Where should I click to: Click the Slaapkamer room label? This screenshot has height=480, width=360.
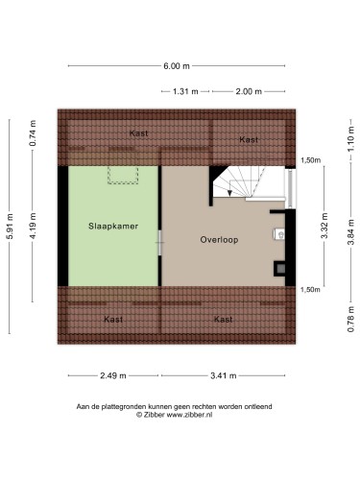[x=113, y=227]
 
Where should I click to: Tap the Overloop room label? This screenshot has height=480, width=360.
[x=219, y=240]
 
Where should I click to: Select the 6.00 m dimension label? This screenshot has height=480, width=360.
[x=177, y=66]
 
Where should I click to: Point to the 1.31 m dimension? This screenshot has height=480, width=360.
[x=185, y=91]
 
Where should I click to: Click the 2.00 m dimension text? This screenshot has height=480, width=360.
[x=249, y=91]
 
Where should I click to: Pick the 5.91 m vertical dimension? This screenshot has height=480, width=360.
[x=10, y=226]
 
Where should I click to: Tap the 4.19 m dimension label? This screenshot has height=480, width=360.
[x=33, y=226]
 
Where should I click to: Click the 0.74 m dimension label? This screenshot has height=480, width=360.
[x=33, y=133]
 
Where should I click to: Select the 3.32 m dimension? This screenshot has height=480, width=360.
[x=324, y=226]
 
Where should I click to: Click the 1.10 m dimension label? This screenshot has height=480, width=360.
[x=351, y=139]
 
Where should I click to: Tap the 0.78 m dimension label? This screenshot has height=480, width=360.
[x=351, y=319]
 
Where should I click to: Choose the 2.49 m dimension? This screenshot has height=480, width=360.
[x=113, y=375]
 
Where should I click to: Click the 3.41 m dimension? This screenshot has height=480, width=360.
[x=224, y=375]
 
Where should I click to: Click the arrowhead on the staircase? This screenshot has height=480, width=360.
[x=229, y=193]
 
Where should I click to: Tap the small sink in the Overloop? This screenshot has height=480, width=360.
[x=279, y=234]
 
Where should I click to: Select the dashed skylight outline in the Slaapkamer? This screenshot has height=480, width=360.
[x=123, y=175]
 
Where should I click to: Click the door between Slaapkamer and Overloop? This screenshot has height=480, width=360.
[x=160, y=243]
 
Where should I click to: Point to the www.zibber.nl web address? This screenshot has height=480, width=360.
[x=189, y=415]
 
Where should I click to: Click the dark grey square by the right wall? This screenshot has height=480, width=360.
[x=280, y=269]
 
